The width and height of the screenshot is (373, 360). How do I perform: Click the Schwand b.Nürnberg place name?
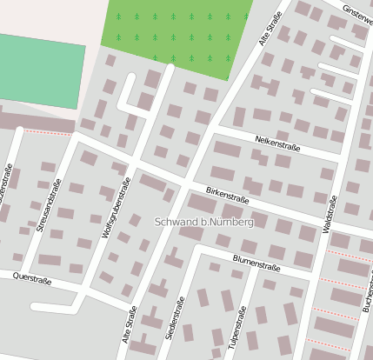tap(203, 223)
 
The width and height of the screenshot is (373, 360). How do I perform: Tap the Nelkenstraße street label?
tap(277, 143)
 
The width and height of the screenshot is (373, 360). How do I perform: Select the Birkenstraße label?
tap(228, 197)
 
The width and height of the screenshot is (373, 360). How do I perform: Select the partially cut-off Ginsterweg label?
tap(356, 12)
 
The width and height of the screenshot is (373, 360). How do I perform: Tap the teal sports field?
tap(41, 72)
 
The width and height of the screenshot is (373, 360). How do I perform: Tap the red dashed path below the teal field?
tap(47, 132)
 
